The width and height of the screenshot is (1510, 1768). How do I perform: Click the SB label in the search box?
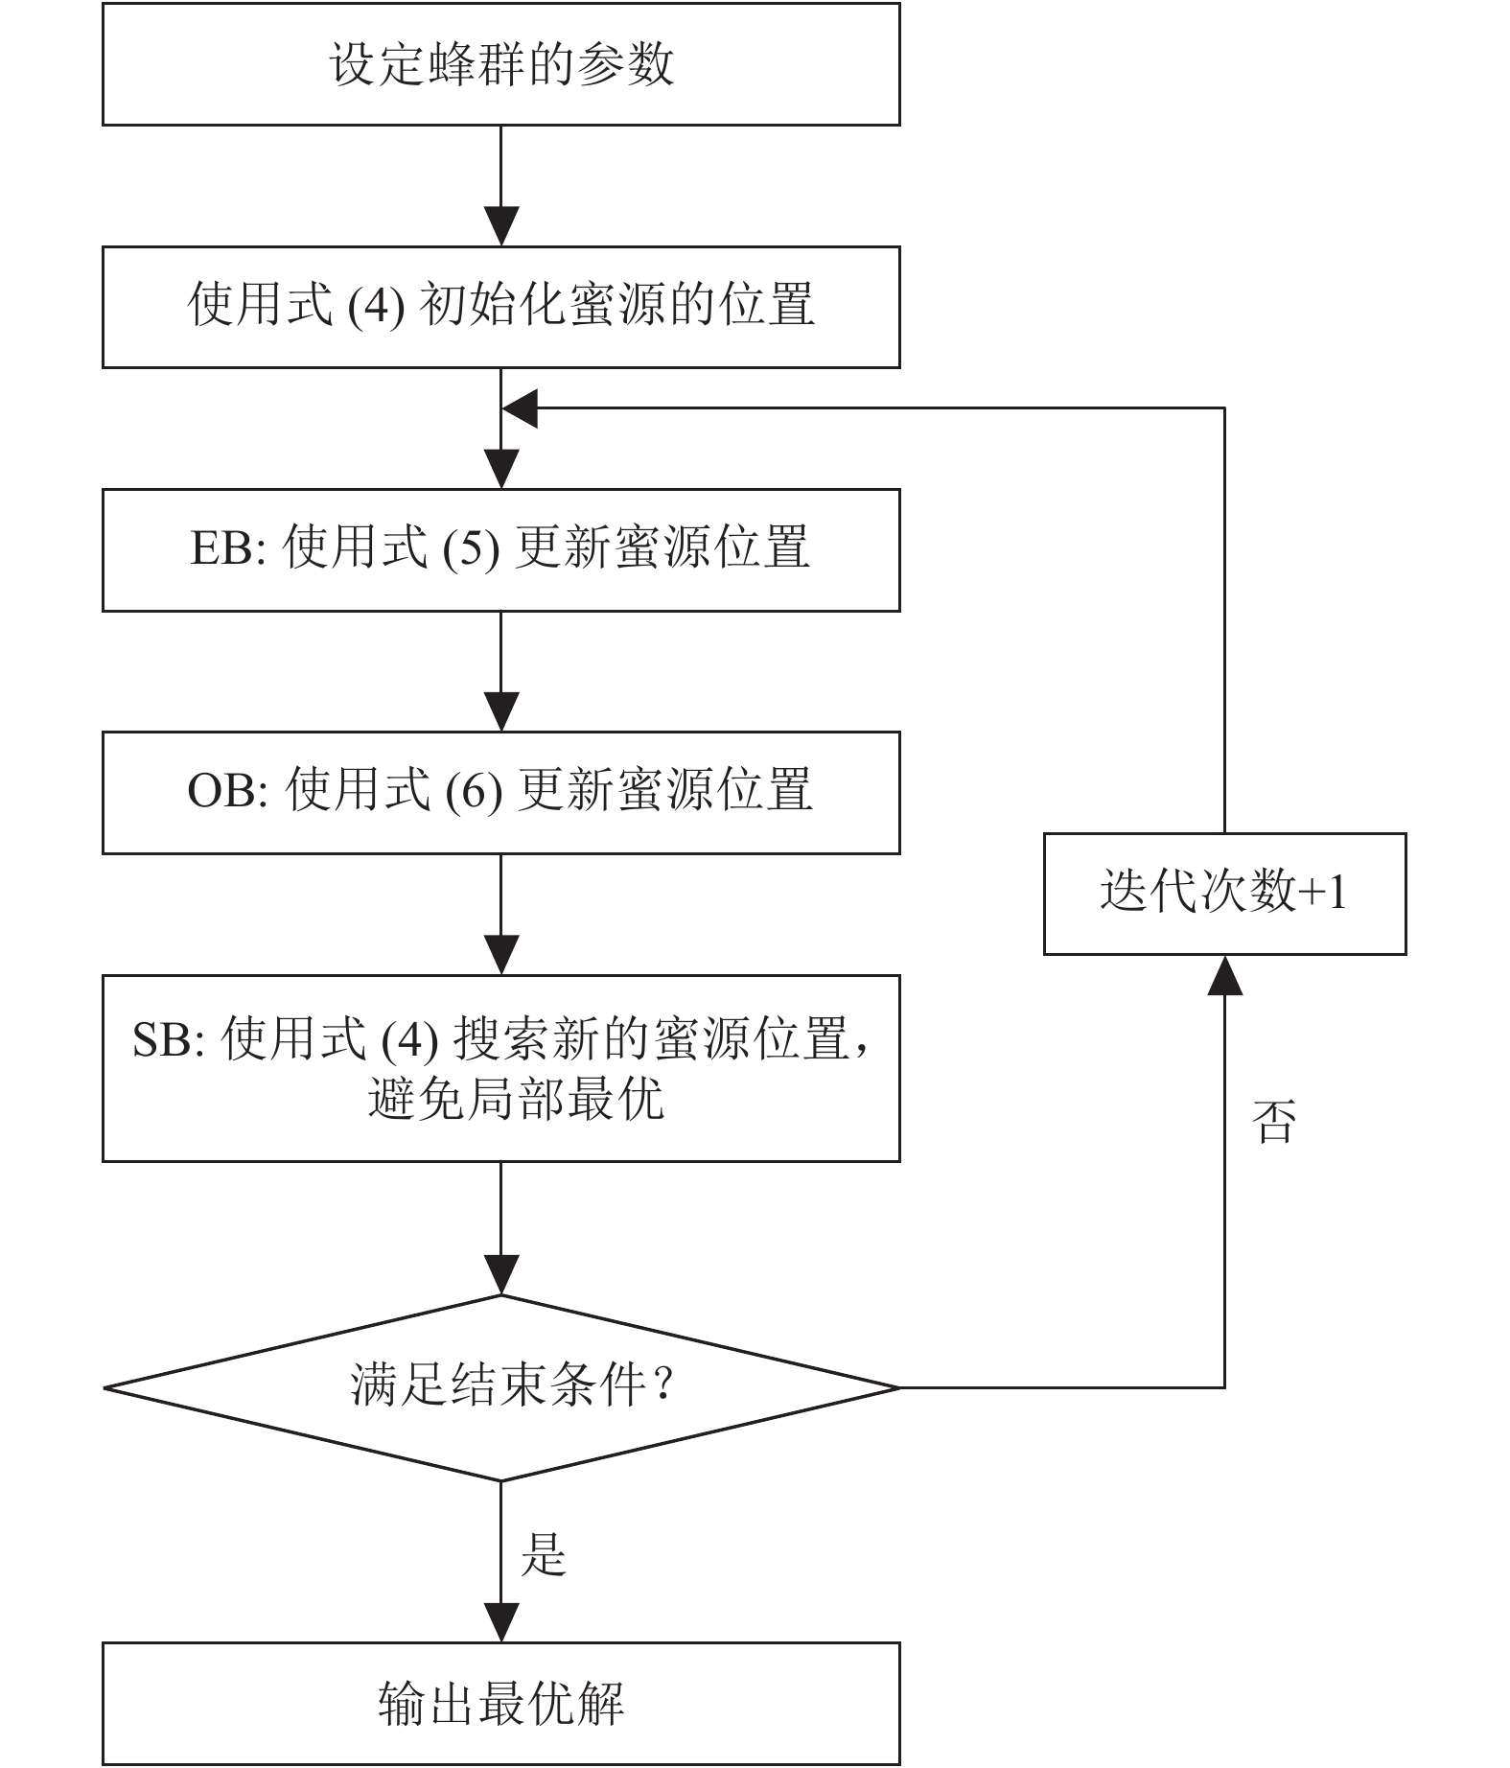[x=162, y=1040]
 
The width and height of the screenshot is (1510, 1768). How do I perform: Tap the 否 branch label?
[x=1274, y=1121]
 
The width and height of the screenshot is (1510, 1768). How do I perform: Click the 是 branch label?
[x=544, y=1554]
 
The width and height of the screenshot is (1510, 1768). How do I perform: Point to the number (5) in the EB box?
[x=471, y=549]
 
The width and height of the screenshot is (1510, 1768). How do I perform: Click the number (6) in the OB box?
[x=474, y=792]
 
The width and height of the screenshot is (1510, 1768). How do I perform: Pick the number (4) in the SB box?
[x=409, y=1040]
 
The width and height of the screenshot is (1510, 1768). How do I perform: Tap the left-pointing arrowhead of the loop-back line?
[x=520, y=408]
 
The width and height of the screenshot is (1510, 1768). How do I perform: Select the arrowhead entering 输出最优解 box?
[x=500, y=1622]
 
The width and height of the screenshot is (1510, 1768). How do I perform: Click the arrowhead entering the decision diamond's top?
[x=500, y=1275]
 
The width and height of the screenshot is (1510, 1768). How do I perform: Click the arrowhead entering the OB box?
[x=500, y=712]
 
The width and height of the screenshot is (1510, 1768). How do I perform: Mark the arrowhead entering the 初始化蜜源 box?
[x=500, y=226]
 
